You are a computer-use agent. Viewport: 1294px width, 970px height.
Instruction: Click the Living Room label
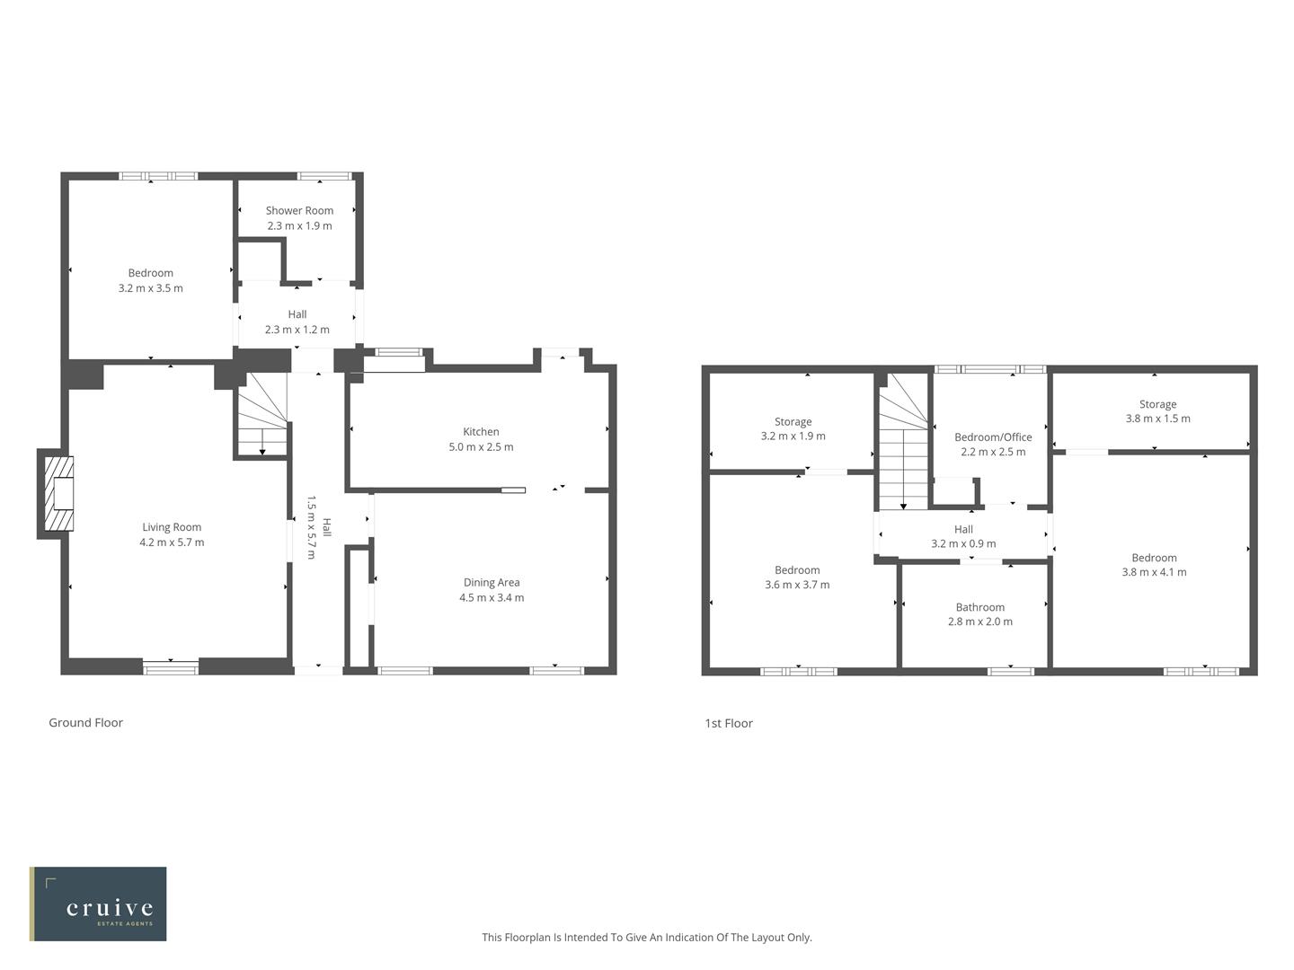pyautogui.click(x=172, y=527)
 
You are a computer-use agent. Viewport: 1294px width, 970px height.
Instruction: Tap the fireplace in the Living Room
pyautogui.click(x=60, y=494)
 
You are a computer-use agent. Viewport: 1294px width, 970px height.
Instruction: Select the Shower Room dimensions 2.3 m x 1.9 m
pyautogui.click(x=299, y=225)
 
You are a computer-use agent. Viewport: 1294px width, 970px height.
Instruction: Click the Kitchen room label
pyautogui.click(x=481, y=431)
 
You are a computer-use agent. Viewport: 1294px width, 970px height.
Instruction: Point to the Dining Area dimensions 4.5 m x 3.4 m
pyautogui.click(x=492, y=597)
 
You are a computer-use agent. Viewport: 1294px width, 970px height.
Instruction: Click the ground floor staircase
pyautogui.click(x=261, y=415)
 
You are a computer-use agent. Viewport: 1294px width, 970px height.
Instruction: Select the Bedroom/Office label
pyautogui.click(x=993, y=437)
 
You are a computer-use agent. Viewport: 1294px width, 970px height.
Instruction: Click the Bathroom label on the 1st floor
pyautogui.click(x=979, y=607)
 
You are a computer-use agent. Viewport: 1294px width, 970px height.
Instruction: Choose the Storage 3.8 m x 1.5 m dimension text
pyautogui.click(x=1157, y=419)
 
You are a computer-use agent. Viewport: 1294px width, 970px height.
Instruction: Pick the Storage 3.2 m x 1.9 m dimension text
pyautogui.click(x=793, y=436)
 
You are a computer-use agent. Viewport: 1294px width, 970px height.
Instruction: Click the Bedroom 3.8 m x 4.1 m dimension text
pyautogui.click(x=1154, y=572)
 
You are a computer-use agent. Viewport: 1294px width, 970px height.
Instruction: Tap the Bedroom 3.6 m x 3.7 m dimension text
pyautogui.click(x=797, y=585)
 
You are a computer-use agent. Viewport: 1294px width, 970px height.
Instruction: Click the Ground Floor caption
pyautogui.click(x=85, y=722)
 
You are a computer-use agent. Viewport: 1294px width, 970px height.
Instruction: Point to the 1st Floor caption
pyautogui.click(x=729, y=723)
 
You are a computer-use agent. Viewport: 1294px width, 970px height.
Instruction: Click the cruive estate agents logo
pyautogui.click(x=98, y=904)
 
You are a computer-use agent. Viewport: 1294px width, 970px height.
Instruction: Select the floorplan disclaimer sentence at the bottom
pyautogui.click(x=646, y=937)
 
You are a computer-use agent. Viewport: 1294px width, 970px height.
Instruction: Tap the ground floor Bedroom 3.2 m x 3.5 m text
pyautogui.click(x=150, y=288)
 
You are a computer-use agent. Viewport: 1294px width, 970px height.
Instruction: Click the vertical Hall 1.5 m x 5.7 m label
pyautogui.click(x=319, y=526)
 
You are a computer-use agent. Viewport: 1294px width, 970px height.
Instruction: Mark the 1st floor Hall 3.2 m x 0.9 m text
pyautogui.click(x=963, y=543)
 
